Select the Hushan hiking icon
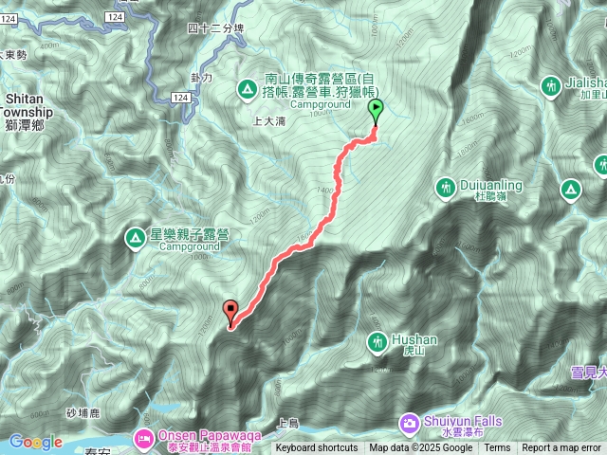pyautogui.click(x=377, y=340)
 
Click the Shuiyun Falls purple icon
pyautogui.click(x=409, y=421)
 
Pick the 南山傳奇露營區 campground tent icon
pyautogui.click(x=247, y=90)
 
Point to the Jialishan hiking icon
pyautogui.click(x=549, y=87)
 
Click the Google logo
pyautogui.click(x=35, y=442)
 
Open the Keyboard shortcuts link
pyautogui.click(x=317, y=448)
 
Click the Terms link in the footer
pyautogui.click(x=497, y=448)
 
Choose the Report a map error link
pyautogui.click(x=561, y=448)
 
